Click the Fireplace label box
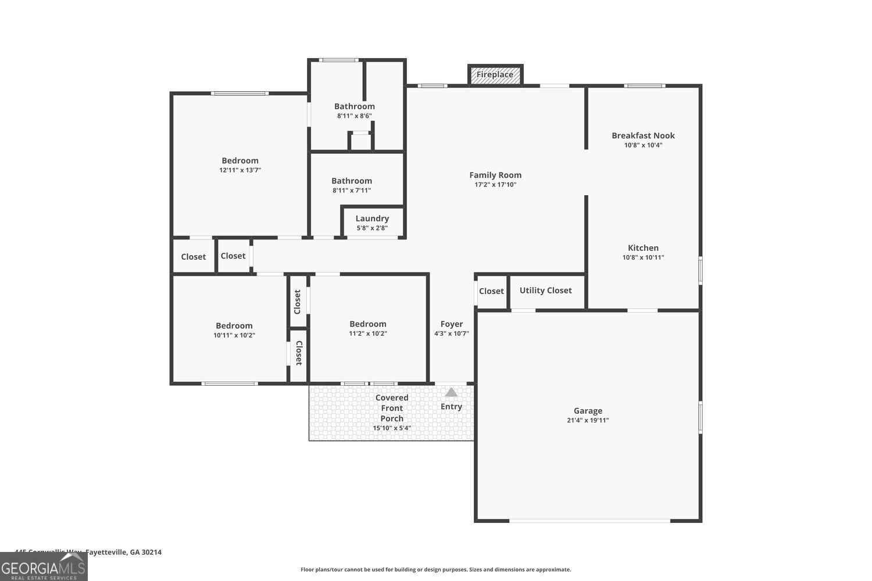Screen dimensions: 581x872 (x=495, y=74)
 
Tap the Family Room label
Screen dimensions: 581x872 (x=495, y=175)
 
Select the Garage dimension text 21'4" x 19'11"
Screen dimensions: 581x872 (x=588, y=421)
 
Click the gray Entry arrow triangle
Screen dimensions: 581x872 (x=451, y=392)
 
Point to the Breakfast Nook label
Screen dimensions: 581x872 (x=643, y=135)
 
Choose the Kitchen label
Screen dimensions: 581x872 (x=643, y=248)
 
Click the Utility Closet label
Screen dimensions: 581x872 (x=545, y=290)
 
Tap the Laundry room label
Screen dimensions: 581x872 (x=372, y=218)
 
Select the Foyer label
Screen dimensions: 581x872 (x=452, y=324)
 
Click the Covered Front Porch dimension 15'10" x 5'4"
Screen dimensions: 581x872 (x=392, y=428)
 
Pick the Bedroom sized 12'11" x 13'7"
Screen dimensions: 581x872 (x=240, y=161)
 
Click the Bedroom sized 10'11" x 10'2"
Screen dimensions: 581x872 (x=234, y=326)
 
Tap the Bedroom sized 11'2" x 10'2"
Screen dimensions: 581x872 (x=367, y=324)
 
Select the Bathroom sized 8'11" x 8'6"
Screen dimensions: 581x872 (x=354, y=106)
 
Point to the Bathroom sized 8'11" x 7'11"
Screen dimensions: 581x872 (x=352, y=181)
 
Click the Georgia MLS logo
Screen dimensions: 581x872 (x=44, y=567)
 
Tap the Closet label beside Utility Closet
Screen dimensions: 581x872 (x=491, y=291)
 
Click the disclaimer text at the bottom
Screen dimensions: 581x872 (x=435, y=569)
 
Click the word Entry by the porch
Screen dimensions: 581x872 (x=451, y=407)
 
